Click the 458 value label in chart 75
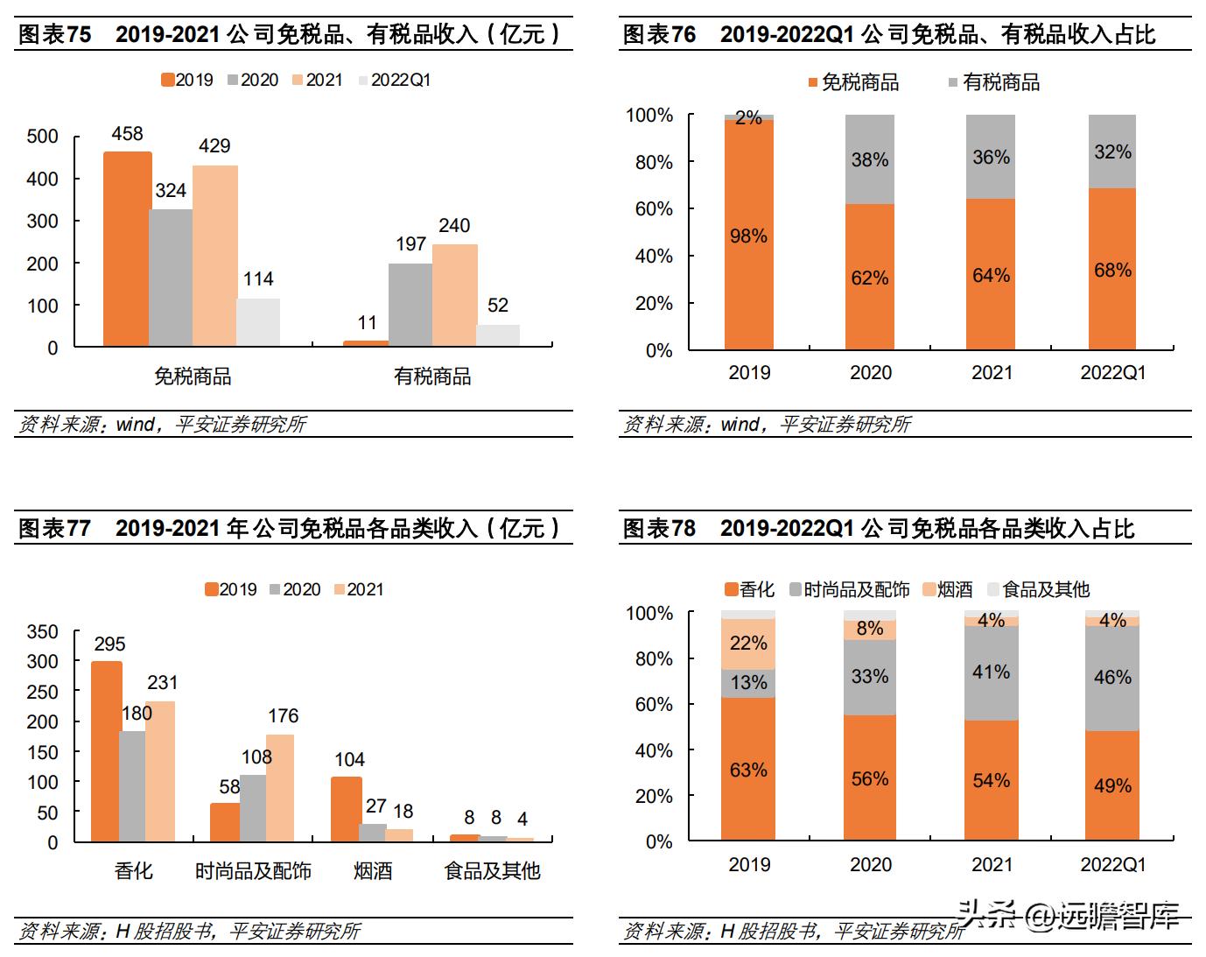127,134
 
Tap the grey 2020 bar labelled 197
410,304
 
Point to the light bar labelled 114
258,322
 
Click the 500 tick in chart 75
43,137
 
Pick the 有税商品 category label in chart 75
432,376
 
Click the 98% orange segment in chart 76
748,236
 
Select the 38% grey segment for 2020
870,159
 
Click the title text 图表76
659,35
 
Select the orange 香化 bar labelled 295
107,750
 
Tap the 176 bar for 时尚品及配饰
280,788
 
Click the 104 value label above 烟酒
349,759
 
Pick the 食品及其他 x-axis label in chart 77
492,871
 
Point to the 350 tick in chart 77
43,632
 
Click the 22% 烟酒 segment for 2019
748,644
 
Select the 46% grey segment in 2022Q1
1112,678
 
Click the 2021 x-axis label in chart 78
992,865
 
